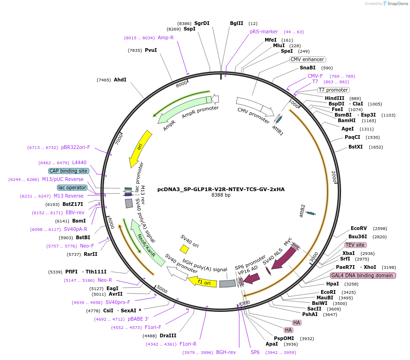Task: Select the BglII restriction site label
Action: [236, 23]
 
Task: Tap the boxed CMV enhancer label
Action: [307, 59]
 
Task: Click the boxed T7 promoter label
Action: [333, 90]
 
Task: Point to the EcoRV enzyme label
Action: [359, 228]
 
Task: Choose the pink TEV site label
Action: [355, 245]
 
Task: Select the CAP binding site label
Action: [68, 171]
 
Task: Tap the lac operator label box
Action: [72, 187]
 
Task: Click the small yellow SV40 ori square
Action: [184, 249]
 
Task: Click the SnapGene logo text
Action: [398, 4]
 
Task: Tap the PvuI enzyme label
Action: [151, 50]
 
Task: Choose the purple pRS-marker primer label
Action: [264, 31]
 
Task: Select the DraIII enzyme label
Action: [168, 336]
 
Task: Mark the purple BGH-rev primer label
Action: [226, 352]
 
